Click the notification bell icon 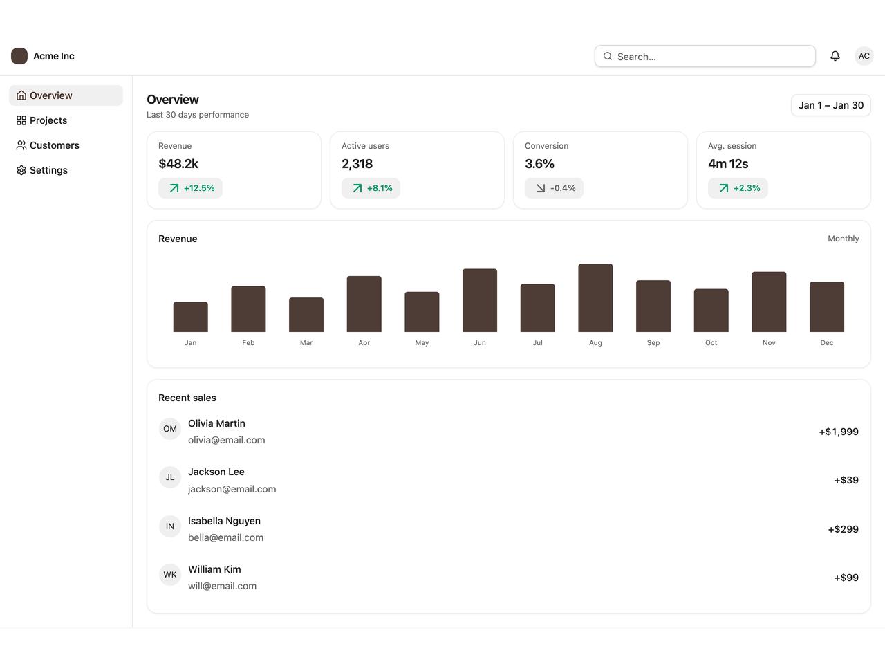tap(835, 56)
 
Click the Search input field tap(705, 56)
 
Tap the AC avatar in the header tap(864, 56)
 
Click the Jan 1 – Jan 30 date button tap(830, 105)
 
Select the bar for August tap(595, 298)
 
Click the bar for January tap(190, 317)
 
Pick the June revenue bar tap(479, 300)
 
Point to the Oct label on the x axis tap(711, 342)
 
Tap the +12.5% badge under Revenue tap(190, 188)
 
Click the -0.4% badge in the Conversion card tap(554, 188)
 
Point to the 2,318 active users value tap(357, 164)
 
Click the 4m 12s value tap(728, 164)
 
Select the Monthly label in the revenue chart tap(843, 239)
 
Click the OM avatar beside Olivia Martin tap(170, 429)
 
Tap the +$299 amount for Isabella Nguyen tap(843, 529)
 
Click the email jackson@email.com tap(232, 489)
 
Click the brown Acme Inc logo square tap(19, 56)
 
